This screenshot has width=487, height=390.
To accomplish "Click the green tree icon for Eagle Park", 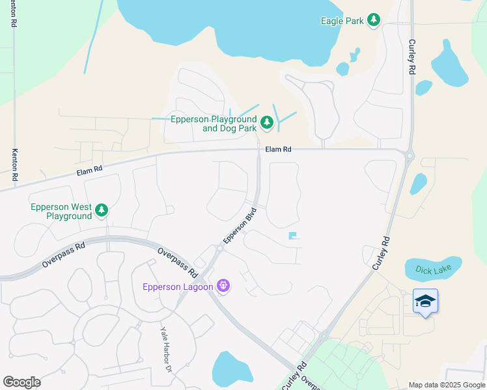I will click(374, 21).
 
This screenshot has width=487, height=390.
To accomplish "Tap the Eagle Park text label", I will click(342, 21).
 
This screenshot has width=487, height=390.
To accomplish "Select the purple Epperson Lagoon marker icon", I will click(223, 286).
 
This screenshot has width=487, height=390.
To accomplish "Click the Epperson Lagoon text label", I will click(178, 287).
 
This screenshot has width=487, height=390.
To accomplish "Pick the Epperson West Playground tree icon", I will click(101, 210).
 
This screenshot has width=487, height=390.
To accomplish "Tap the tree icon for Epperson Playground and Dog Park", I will click(266, 122).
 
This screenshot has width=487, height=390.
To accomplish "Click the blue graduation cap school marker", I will click(425, 301).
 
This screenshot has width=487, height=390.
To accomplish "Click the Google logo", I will click(21, 382).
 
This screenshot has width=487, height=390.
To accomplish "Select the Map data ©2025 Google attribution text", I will click(446, 385).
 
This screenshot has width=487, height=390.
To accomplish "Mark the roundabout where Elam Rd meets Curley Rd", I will click(409, 155).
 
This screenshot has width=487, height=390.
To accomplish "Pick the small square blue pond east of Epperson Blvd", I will click(293, 235).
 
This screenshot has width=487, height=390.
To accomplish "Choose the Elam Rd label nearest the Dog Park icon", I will click(278, 149).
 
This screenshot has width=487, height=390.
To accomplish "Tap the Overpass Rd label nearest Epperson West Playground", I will click(64, 255).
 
